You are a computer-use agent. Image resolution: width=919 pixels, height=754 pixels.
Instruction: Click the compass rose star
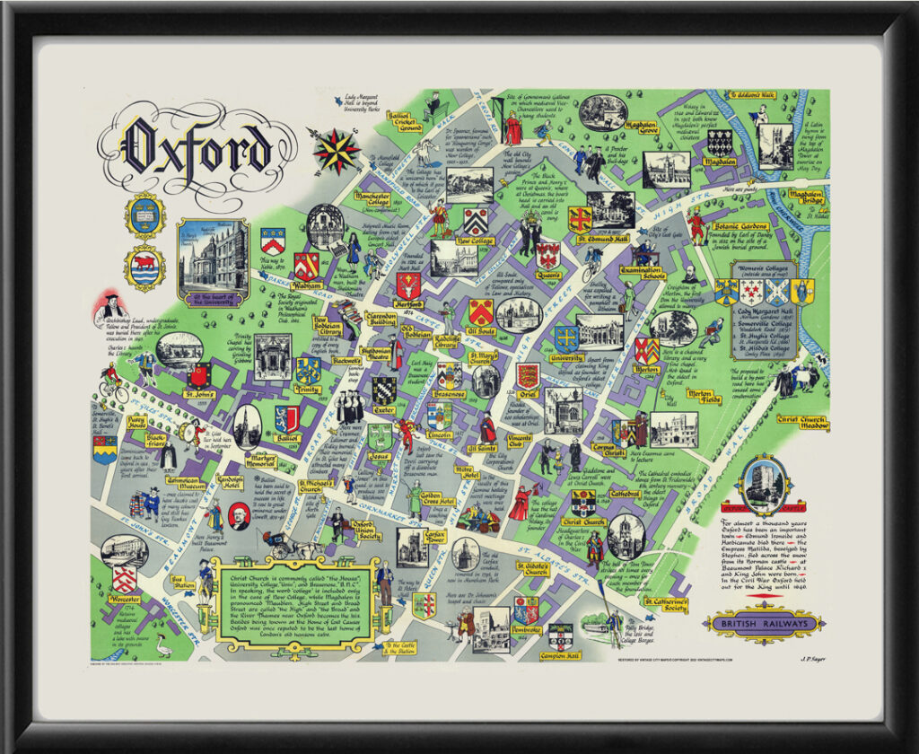(x=337, y=151)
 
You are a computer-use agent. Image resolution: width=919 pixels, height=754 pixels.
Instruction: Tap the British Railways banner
(x=764, y=623)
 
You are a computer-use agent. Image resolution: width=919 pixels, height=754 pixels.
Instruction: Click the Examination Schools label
(x=642, y=274)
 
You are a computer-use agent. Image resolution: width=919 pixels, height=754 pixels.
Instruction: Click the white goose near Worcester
(x=162, y=644)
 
